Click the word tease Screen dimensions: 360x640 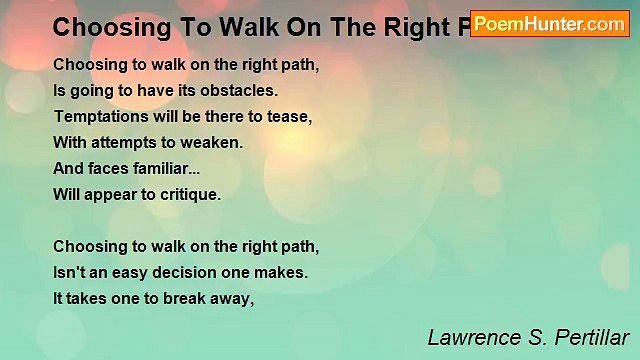click(291, 116)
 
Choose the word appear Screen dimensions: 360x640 click(118, 195)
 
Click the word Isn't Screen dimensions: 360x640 click(71, 272)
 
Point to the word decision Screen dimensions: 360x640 click(193, 272)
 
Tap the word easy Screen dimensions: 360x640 click(135, 272)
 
